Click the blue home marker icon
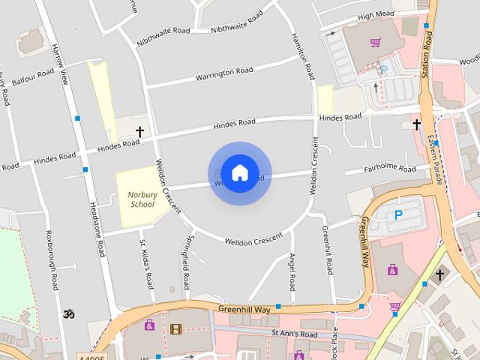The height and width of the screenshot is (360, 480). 239,172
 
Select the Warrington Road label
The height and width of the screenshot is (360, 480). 223,74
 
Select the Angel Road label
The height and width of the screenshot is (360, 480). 292,271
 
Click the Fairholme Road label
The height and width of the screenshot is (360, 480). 389,170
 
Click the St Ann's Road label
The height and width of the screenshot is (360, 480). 295,334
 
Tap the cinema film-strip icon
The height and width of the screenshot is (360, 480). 175,328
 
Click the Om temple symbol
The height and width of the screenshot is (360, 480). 70,313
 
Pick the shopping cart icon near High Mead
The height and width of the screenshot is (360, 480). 376,43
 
